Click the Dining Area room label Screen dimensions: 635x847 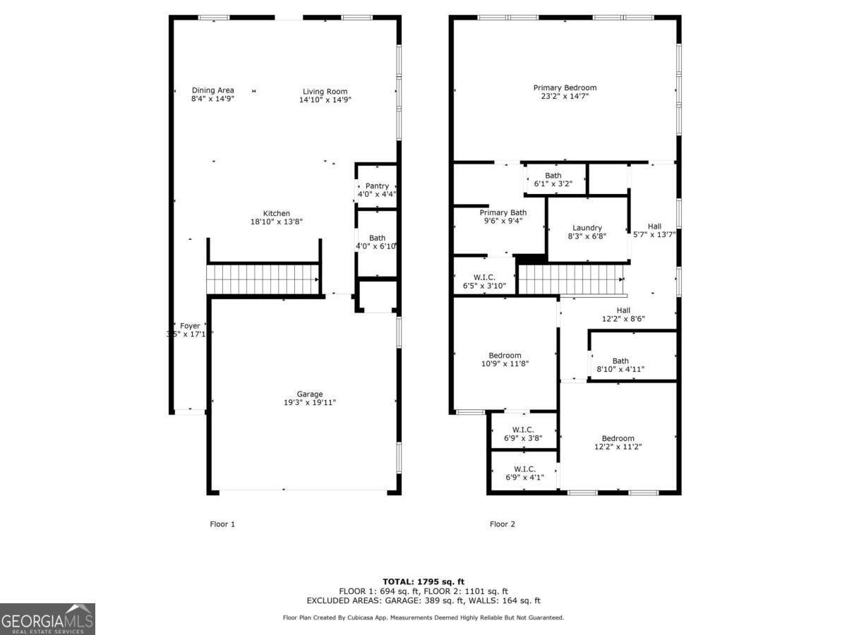(212, 90)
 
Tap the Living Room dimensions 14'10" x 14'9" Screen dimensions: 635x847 (325, 100)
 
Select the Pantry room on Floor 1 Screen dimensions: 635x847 (377, 186)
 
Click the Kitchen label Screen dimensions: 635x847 (277, 214)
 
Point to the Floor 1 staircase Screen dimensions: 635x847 (263, 279)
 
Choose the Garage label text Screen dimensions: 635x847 (309, 394)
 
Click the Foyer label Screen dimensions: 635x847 (190, 326)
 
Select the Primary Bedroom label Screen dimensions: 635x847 (565, 88)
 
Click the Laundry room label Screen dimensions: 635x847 (587, 228)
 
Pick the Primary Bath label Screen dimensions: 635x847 (503, 213)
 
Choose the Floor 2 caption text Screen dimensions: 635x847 (503, 524)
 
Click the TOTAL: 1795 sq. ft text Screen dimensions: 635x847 (423, 581)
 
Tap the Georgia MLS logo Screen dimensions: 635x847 (47, 619)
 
